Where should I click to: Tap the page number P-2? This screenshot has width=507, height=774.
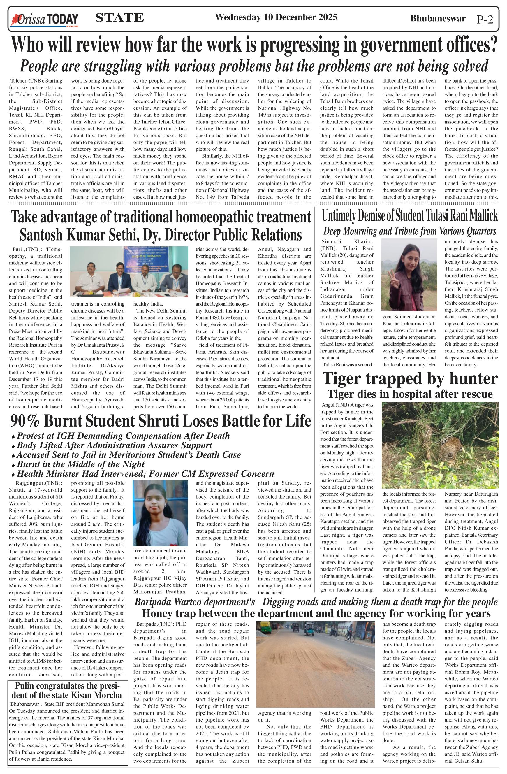[485, 20]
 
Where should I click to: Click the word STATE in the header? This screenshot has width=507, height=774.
[119, 17]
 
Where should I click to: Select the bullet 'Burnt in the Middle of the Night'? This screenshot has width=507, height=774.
[81, 464]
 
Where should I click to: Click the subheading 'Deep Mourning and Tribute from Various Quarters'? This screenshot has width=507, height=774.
[409, 231]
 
